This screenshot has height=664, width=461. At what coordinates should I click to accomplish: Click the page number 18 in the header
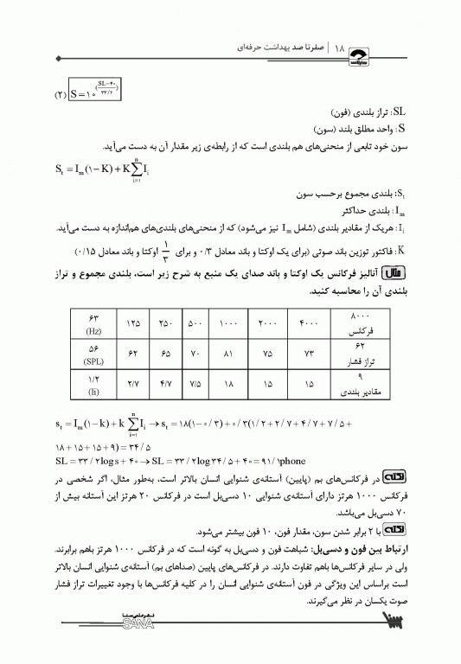click(339, 42)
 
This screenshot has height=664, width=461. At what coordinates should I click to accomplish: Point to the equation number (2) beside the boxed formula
click(61, 92)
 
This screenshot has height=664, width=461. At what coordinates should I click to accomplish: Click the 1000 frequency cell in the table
click(227, 322)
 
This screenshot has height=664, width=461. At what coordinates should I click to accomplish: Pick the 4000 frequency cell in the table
click(307, 322)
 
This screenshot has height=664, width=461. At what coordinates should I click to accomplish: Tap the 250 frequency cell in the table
click(164, 322)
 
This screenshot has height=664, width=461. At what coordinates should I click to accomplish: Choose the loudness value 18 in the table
click(227, 383)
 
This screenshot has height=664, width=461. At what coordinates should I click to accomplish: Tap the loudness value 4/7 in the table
click(164, 383)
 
